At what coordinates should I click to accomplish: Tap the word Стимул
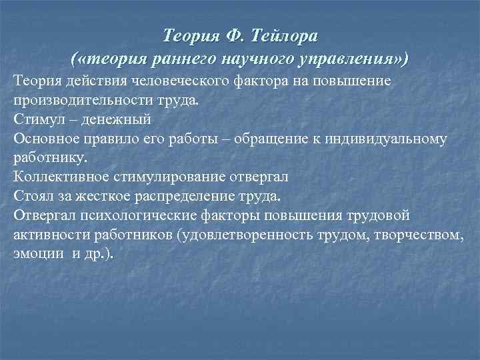[37, 121]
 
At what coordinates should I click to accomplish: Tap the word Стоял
[32, 197]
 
